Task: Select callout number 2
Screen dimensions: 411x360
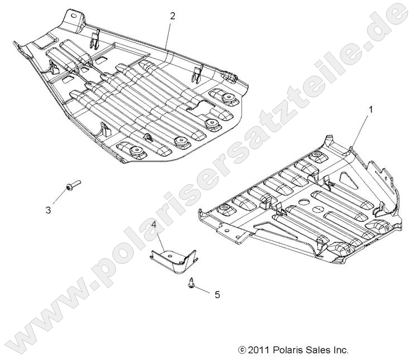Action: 172,16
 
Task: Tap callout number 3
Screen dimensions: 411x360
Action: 49,210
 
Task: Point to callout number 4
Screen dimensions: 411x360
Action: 153,225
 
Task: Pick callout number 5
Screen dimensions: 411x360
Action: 217,294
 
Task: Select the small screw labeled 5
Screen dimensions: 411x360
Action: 191,283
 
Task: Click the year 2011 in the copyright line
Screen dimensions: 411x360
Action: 259,350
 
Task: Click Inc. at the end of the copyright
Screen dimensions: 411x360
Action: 340,350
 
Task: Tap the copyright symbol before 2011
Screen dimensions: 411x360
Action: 241,350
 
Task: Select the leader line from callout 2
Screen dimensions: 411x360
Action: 168,35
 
